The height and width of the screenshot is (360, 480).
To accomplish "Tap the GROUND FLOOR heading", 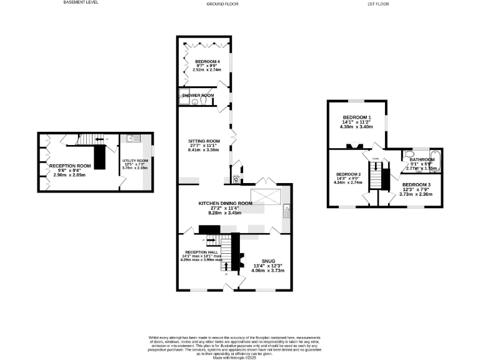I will coord(223,4).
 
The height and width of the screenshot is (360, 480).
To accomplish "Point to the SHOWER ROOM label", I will coord(198,95).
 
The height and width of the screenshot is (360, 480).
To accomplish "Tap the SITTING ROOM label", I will coord(204,141).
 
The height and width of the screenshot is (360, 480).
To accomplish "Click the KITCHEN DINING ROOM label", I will coord(225,203).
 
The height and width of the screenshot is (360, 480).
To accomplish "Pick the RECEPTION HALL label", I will coord(200,251).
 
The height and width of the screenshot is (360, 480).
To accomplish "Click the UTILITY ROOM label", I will coord(134,161).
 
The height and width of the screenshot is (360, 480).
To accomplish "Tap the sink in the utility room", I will coord(132,138).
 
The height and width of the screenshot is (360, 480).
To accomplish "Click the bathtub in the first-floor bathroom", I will coord(434,161).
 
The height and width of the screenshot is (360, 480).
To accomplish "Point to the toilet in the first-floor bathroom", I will coord(410,154).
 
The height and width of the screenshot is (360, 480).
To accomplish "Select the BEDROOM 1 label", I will coord(356,117).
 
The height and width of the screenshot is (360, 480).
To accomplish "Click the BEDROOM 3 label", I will coord(416,185).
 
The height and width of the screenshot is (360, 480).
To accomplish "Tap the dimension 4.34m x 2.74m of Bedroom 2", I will coord(349,182).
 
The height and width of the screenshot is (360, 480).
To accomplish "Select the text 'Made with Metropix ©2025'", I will coord(239,357).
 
